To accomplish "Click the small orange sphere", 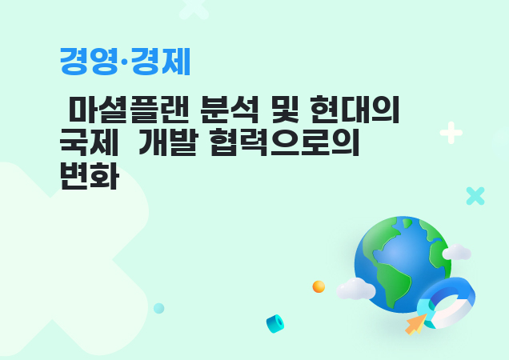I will pos(319,286).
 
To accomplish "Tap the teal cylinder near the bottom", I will pos(275,323).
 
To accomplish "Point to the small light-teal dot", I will pos(159,308).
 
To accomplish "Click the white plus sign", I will pos(451,133).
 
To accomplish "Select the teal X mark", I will pos(475,196).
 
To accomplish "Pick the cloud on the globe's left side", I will pos(355,289).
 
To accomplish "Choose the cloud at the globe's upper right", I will pos(457,253).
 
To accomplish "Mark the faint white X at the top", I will pos(194,7).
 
